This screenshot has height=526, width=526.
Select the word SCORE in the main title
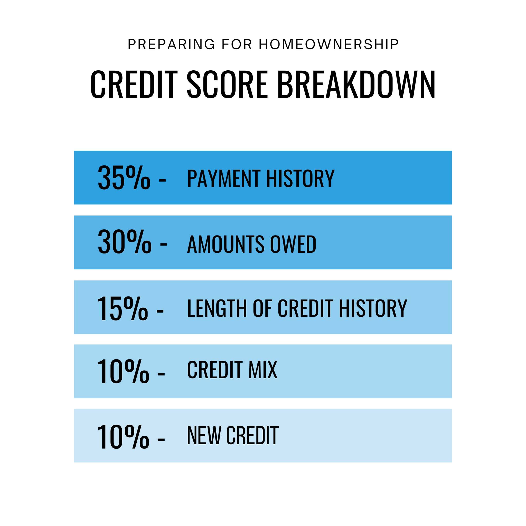click(x=227, y=84)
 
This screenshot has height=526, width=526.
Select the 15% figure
click(x=123, y=308)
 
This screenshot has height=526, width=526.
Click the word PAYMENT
click(x=223, y=178)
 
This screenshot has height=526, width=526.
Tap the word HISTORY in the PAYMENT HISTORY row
click(x=300, y=178)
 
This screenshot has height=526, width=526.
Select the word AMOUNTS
click(x=226, y=244)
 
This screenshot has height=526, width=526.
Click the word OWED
click(x=293, y=244)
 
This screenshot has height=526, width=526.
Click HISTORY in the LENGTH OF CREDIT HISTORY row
click(x=373, y=308)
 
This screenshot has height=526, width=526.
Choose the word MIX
click(x=263, y=370)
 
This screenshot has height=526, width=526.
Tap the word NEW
click(x=204, y=435)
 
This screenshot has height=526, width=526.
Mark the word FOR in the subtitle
click(x=237, y=44)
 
